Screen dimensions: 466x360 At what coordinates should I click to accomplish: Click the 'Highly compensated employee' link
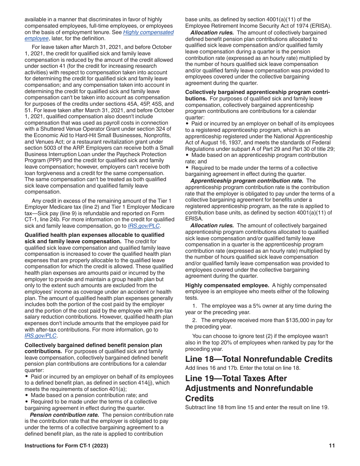(x=149, y=32)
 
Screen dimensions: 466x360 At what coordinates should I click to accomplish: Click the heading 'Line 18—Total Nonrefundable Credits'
(x=258, y=359)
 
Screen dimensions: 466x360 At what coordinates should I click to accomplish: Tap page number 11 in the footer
(x=332, y=446)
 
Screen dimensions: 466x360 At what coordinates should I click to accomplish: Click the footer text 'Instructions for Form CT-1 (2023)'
(x=66, y=446)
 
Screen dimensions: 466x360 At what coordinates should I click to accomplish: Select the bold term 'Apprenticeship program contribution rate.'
(x=247, y=181)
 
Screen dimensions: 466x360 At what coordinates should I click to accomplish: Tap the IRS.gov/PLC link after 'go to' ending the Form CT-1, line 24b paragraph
(x=144, y=226)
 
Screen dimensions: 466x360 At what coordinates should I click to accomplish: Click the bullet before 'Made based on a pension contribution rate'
(x=27, y=395)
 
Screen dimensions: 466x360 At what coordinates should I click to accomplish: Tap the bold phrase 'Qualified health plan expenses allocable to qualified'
(x=94, y=235)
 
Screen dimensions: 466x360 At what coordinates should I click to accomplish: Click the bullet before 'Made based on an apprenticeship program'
(x=187, y=155)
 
